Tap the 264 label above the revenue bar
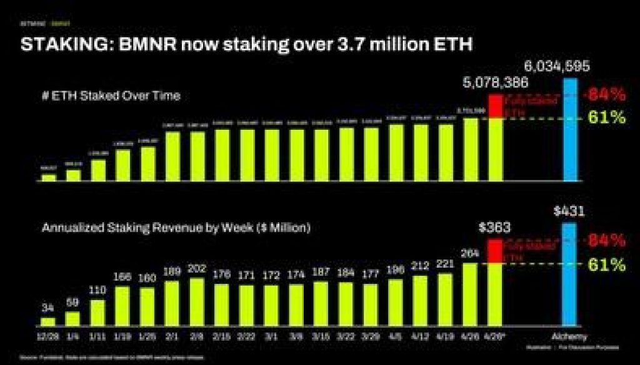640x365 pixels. coord(470,254)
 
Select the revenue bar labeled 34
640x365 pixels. coord(48,322)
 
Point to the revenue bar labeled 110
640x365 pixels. coord(98,313)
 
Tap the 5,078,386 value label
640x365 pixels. coord(495,82)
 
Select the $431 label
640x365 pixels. coord(569,211)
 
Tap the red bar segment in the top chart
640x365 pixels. coord(495,106)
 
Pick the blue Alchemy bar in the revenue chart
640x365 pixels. coord(569,275)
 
